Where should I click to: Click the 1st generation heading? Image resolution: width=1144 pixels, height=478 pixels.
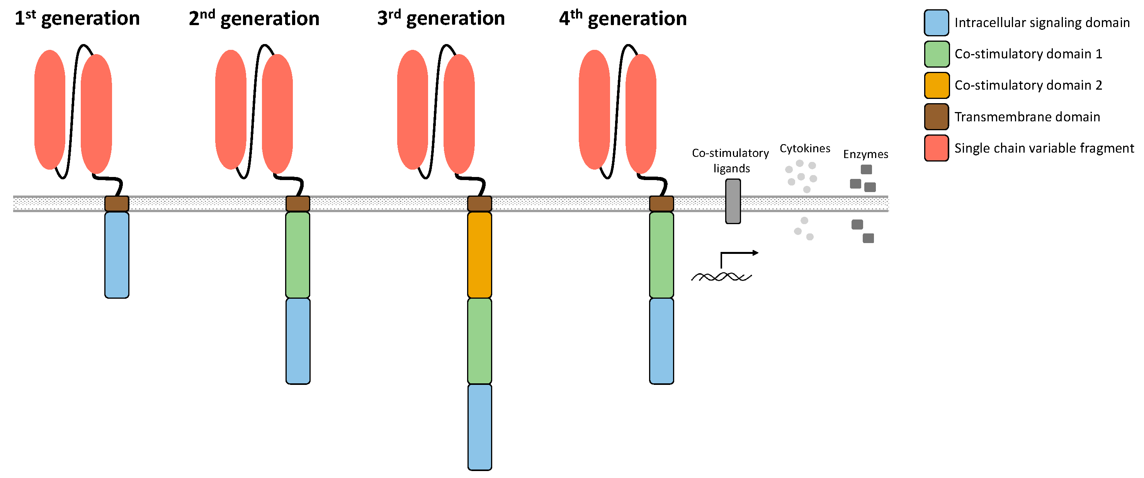(x=77, y=19)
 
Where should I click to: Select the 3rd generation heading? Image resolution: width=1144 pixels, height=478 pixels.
(x=440, y=19)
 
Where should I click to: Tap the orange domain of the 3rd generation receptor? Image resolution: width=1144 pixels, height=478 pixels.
(x=479, y=255)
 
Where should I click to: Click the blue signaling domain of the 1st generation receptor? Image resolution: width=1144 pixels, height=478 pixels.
(x=117, y=255)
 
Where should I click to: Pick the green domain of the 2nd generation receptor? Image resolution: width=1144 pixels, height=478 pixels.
(x=297, y=255)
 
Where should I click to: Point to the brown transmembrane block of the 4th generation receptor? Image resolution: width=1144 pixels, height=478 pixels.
(x=661, y=204)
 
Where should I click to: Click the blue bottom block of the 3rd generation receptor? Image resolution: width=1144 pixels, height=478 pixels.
(x=479, y=427)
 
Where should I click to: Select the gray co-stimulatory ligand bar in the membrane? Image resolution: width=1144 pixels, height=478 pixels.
(x=733, y=201)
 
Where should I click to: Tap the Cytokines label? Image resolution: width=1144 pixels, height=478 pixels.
(x=805, y=148)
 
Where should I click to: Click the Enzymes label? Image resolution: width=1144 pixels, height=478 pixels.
(x=865, y=154)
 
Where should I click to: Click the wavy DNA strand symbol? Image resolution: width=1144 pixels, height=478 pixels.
(x=721, y=277)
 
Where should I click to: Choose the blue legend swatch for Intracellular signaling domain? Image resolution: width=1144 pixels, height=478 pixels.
(x=936, y=23)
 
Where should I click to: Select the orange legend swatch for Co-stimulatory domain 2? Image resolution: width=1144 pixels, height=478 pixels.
(x=936, y=85)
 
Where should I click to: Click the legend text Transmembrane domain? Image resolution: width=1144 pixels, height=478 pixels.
(x=1027, y=117)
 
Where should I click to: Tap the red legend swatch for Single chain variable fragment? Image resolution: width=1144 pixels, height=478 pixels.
(x=936, y=148)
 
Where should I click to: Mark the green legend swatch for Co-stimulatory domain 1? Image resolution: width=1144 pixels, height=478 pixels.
(x=936, y=54)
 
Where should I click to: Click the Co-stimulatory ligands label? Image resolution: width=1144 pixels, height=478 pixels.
(x=731, y=160)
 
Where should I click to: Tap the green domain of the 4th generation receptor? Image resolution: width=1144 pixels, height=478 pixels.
(x=661, y=255)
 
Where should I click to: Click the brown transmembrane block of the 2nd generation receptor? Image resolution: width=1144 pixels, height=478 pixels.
(x=297, y=204)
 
